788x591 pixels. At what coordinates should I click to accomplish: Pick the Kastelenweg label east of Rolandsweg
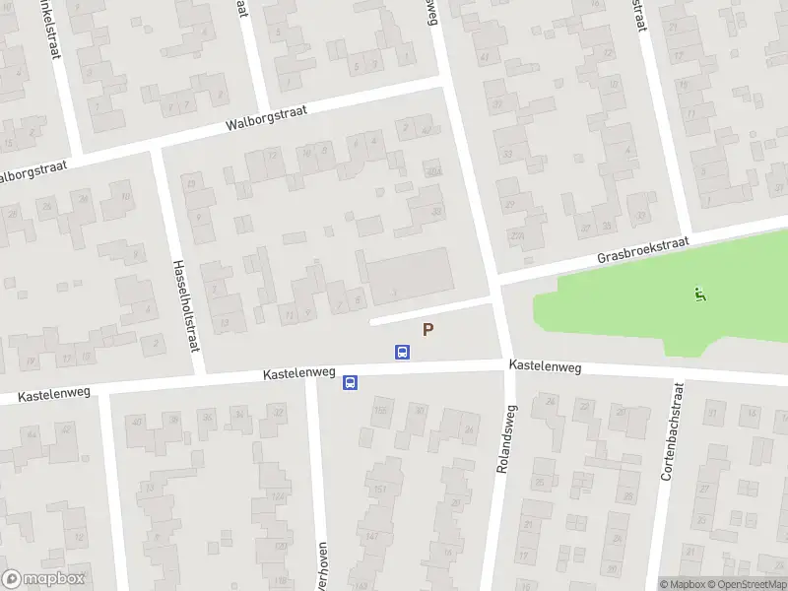545,366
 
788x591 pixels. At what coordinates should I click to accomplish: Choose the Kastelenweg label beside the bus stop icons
299,375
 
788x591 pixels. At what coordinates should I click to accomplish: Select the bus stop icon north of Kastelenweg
402,351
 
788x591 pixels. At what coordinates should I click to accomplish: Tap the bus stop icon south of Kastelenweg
350,383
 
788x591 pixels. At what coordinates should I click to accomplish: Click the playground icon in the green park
700,293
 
